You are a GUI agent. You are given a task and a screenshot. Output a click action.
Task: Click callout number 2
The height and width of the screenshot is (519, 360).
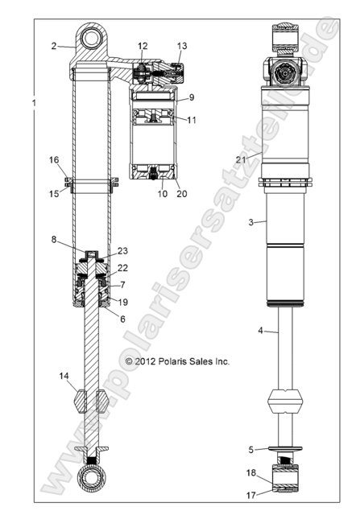54,47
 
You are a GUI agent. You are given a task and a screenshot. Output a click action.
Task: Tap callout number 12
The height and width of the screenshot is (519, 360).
143,46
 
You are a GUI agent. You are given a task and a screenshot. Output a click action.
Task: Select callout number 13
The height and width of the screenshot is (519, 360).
182,46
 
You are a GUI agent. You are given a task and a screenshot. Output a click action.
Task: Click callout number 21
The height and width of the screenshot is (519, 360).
240,159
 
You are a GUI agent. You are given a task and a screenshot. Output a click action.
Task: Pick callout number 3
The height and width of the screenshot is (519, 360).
250,221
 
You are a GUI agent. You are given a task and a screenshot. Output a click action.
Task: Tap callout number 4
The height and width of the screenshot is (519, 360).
259,331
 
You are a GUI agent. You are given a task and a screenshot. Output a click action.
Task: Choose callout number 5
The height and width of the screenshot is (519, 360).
251,449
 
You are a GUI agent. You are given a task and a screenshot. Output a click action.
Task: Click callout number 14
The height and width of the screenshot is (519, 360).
63,377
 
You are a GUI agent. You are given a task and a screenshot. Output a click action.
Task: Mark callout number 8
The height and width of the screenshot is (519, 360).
55,240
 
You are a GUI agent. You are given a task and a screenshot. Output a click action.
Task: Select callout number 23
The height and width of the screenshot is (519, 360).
123,250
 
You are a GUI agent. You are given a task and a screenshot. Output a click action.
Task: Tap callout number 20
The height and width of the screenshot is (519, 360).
181,193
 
